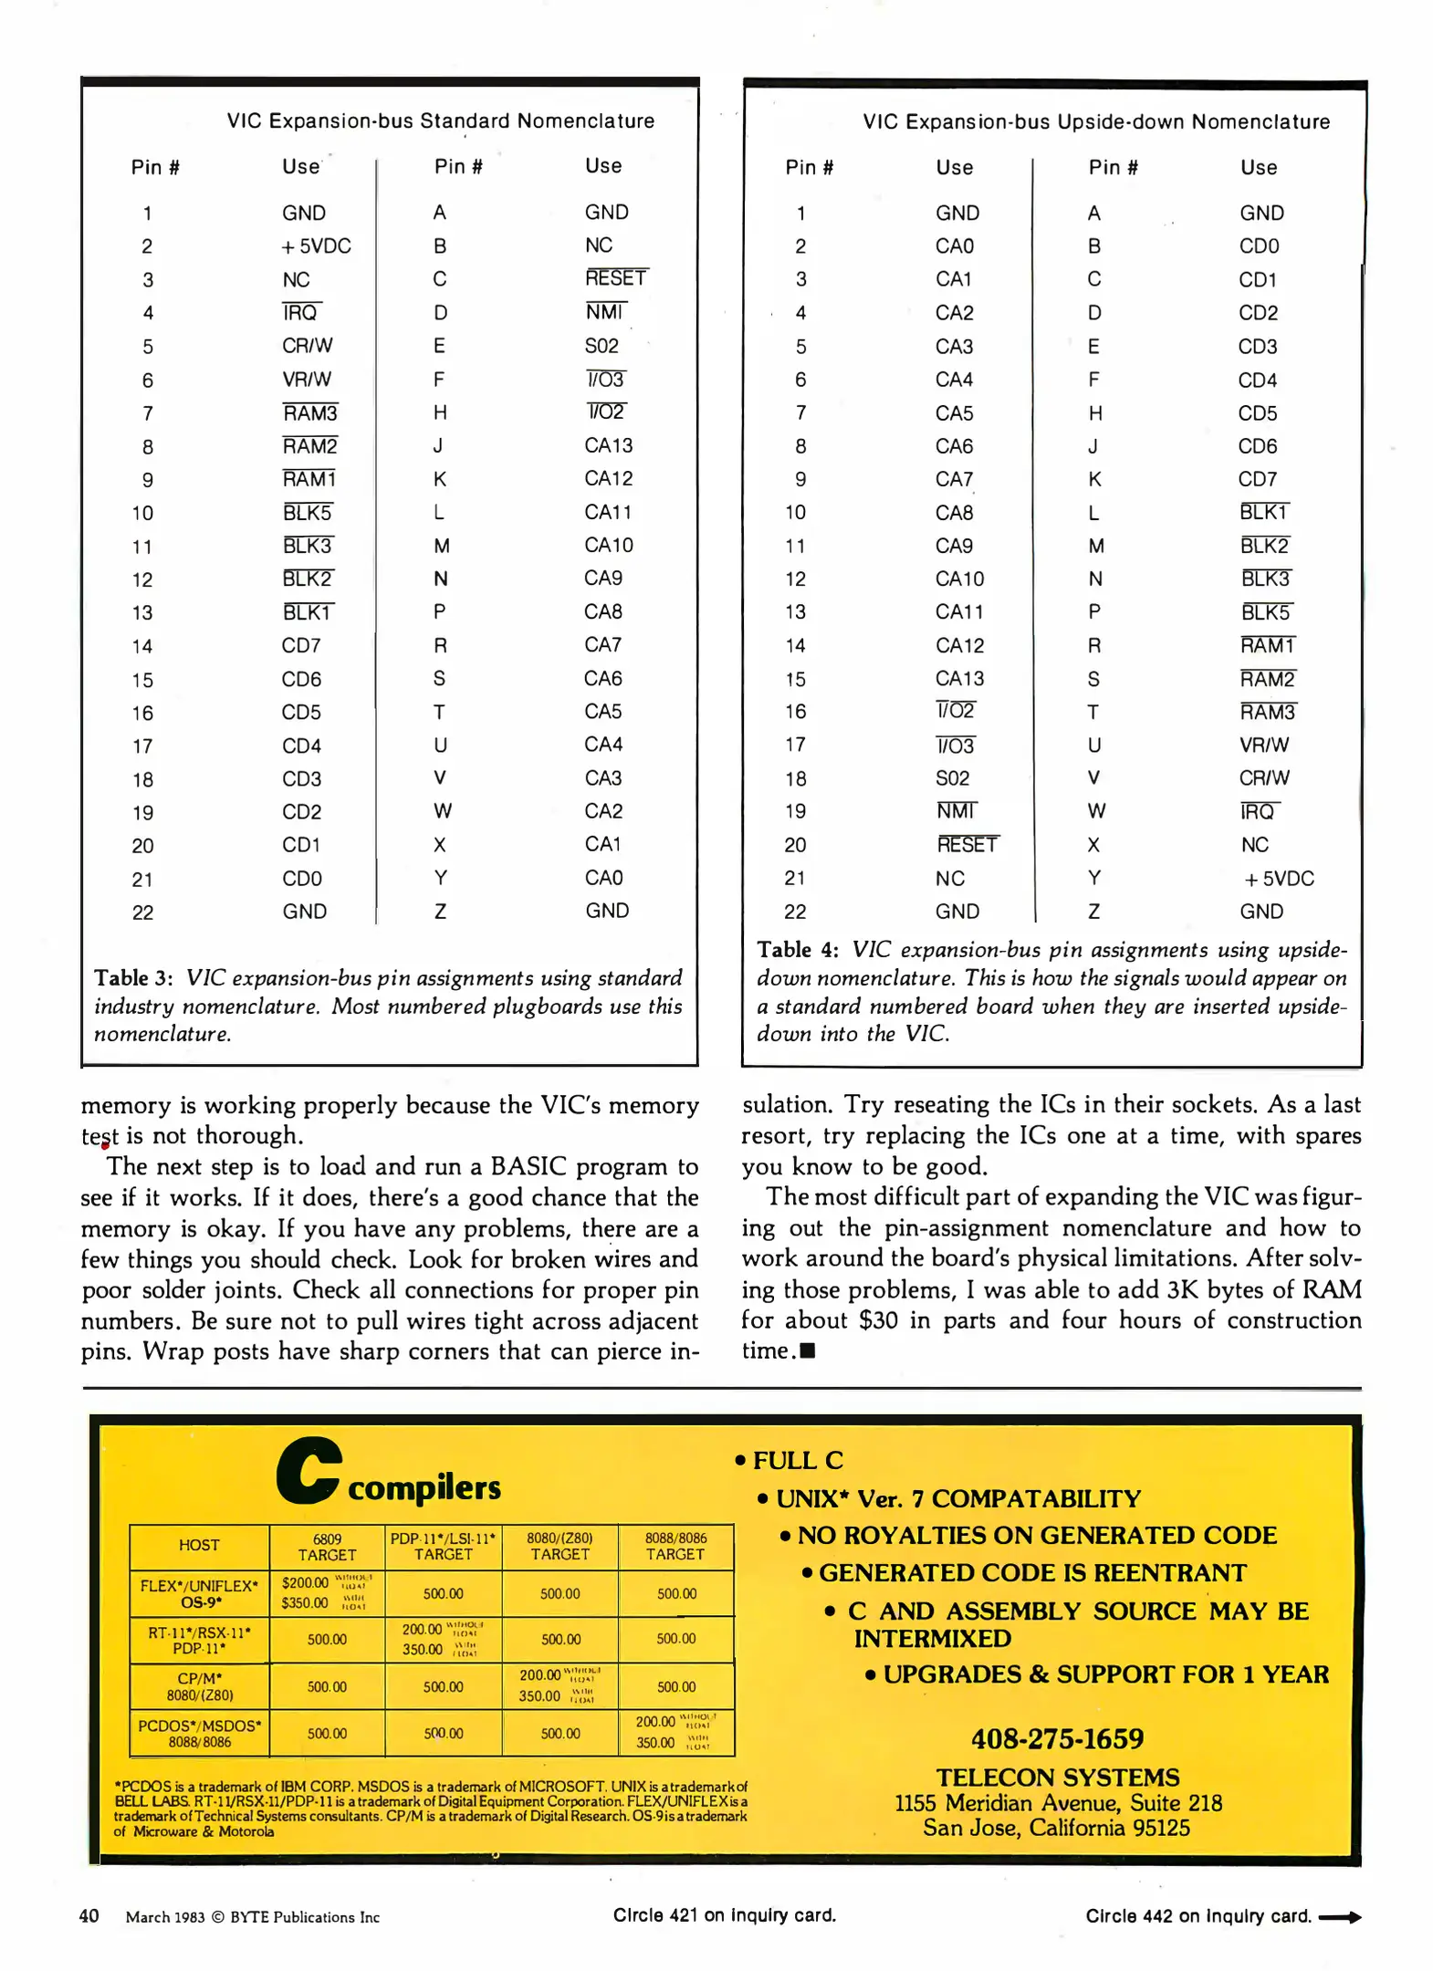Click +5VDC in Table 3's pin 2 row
(316, 246)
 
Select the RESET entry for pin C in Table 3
(615, 278)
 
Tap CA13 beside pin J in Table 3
(608, 445)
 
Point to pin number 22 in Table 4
(795, 912)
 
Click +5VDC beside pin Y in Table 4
(1279, 879)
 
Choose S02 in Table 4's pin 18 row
(952, 778)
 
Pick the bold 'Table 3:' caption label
(133, 978)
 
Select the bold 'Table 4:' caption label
(797, 950)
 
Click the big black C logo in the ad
(309, 1470)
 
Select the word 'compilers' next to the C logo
(424, 1488)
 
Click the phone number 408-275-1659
(1057, 1738)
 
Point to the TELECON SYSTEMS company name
(1057, 1778)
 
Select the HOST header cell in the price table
(199, 1546)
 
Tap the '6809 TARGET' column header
(327, 1547)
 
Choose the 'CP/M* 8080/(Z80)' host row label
(200, 1686)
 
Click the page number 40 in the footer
(89, 1916)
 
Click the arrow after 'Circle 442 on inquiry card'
(1339, 1917)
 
